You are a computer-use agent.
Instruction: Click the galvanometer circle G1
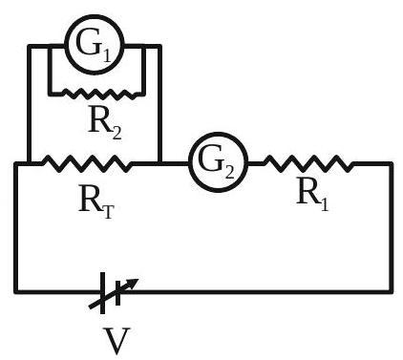94,17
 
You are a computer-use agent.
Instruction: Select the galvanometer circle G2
218,135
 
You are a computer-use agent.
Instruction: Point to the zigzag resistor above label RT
86,163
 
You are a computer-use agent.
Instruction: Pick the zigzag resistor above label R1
308,163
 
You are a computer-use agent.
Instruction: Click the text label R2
105,122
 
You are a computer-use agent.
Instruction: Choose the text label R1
312,194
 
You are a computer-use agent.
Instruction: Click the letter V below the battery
117,341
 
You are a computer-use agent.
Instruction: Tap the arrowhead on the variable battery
133,283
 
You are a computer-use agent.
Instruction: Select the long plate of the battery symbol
102,293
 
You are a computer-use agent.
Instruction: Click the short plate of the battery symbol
117,293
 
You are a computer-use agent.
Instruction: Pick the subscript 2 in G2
229,171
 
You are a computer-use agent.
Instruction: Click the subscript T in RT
108,212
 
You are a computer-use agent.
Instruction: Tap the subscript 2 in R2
117,133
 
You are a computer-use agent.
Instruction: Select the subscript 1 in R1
324,204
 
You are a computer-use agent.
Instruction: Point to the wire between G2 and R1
256,163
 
